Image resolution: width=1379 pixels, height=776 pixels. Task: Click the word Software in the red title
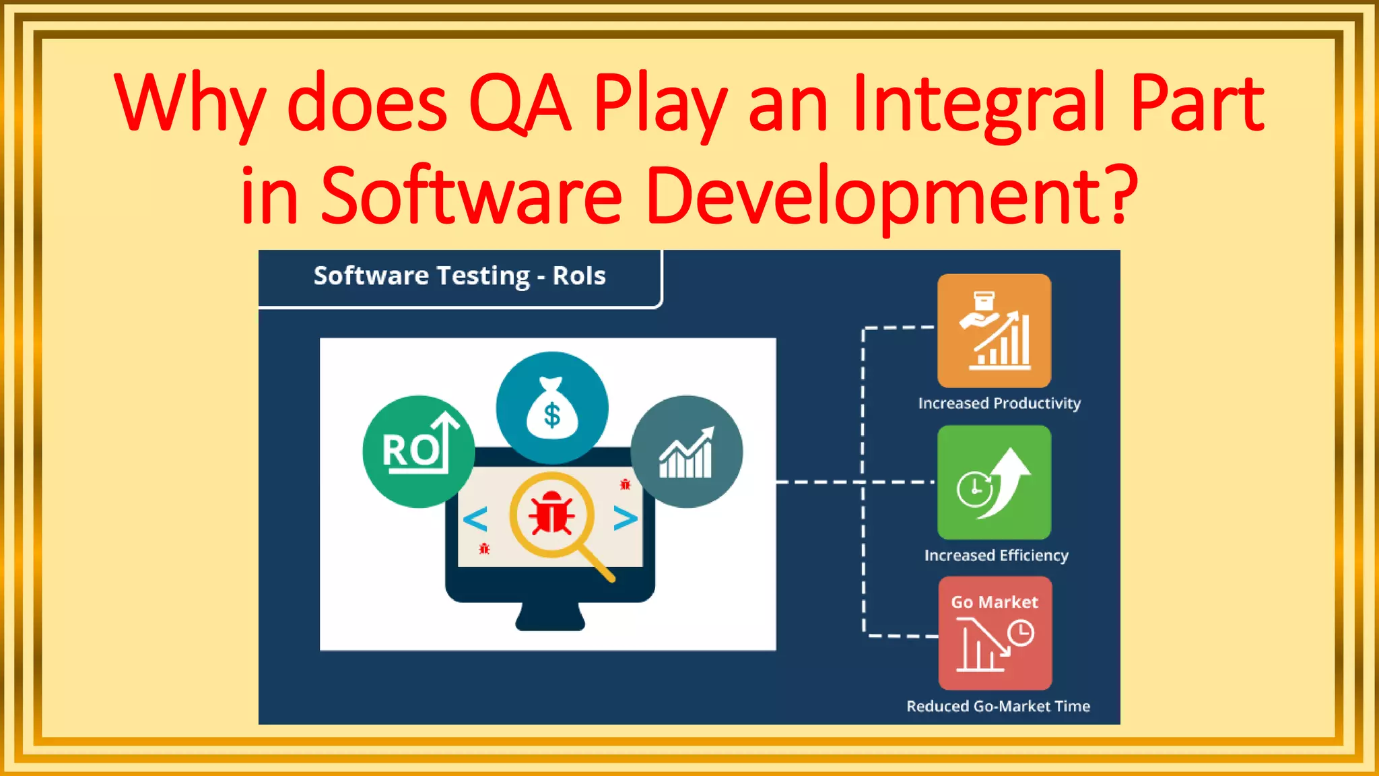pos(471,195)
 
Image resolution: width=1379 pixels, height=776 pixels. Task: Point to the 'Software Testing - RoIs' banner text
pos(459,276)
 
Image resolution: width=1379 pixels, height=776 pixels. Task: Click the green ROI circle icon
pos(418,451)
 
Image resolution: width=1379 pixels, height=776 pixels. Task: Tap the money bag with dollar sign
pos(552,408)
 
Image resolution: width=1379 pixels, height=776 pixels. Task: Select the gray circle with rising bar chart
pos(687,451)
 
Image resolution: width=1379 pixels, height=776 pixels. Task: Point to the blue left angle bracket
pos(475,519)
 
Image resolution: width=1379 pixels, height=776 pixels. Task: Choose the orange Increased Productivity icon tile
pos(994,330)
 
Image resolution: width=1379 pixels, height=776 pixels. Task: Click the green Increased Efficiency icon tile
pos(994,482)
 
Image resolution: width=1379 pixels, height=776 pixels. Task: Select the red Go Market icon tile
pos(995,633)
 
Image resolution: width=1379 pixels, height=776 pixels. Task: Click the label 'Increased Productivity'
pos(999,403)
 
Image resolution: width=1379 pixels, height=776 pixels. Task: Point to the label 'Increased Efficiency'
pos(996,556)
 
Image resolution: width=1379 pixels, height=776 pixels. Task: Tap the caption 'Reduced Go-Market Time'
pos(998,707)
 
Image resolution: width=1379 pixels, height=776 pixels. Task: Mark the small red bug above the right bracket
pos(625,484)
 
